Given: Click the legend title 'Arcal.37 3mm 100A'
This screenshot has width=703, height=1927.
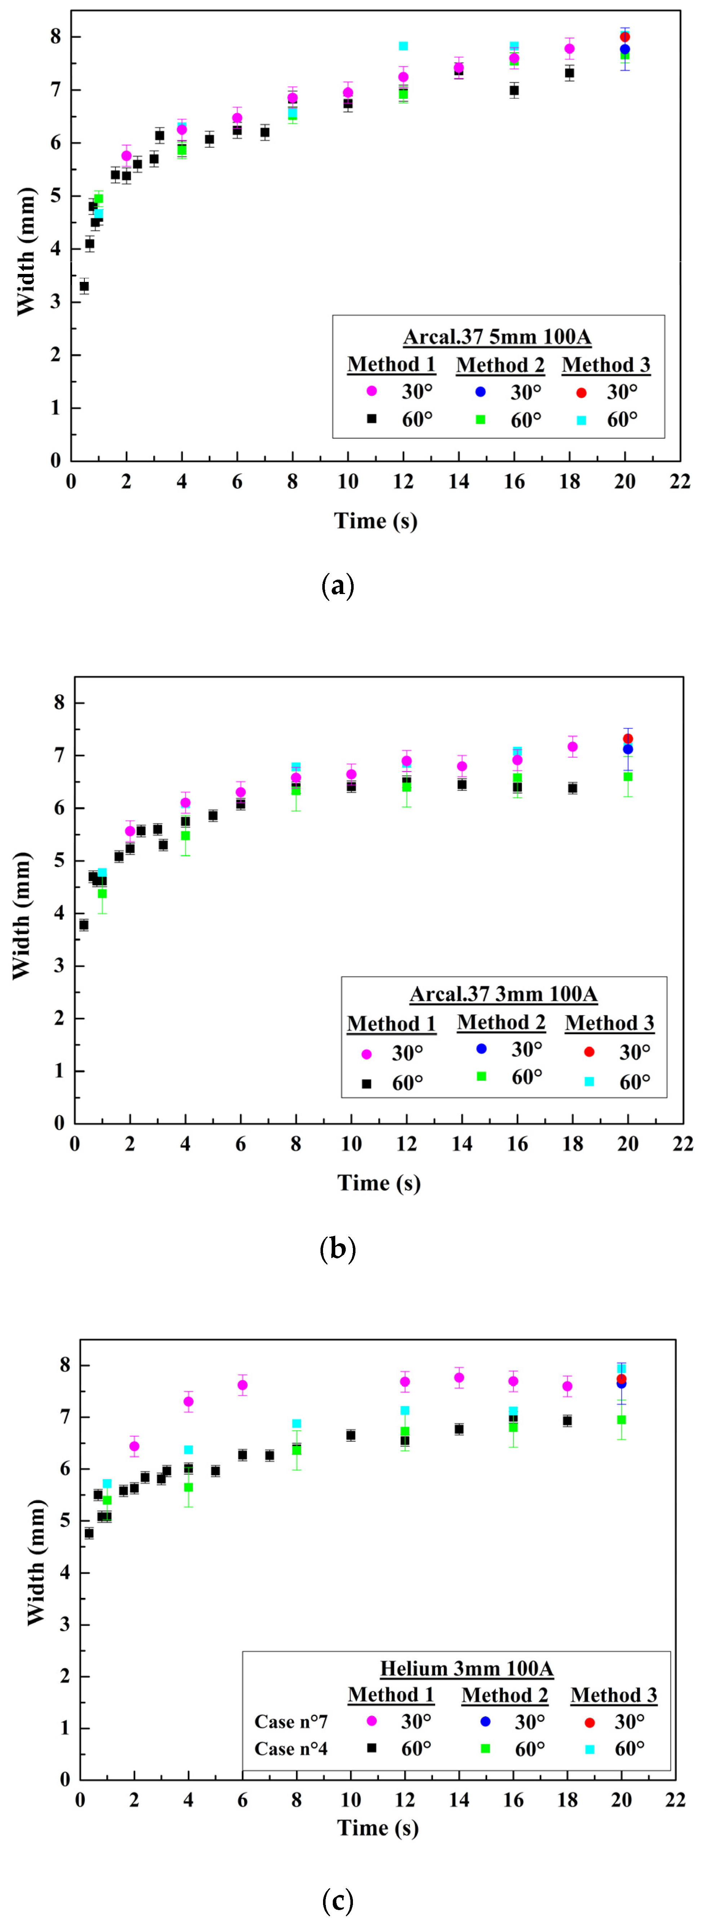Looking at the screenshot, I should pos(503,994).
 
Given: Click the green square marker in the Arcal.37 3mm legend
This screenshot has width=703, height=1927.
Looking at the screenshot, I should pos(482,1076).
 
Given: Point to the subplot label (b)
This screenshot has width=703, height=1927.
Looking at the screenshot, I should pos(337,1249).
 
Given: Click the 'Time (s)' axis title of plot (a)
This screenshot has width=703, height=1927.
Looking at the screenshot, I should pos(375,520).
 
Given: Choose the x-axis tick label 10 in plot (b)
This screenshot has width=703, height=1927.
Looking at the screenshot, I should pos(351,1144).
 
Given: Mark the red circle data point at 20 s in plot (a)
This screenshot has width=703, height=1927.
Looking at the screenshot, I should pos(624,37).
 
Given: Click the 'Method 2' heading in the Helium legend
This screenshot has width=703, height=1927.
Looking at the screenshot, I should pos(505,1695).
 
